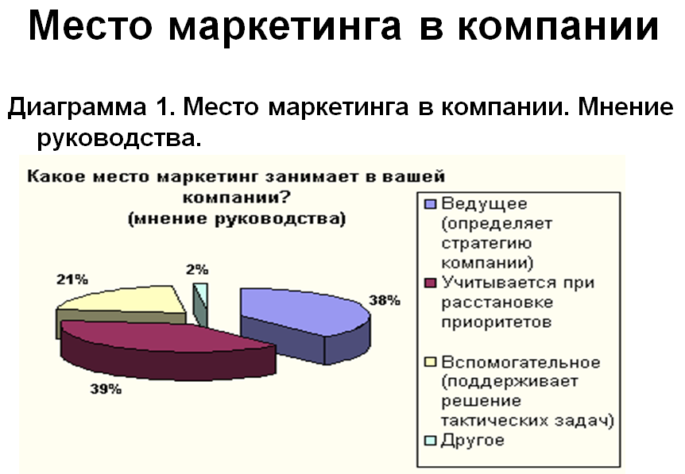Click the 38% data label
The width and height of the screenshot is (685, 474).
click(x=385, y=300)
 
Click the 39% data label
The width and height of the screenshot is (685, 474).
click(x=106, y=389)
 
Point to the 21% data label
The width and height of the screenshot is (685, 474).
click(x=72, y=279)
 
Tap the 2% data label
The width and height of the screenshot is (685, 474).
click(x=197, y=270)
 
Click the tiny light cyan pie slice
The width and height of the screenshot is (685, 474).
click(x=201, y=303)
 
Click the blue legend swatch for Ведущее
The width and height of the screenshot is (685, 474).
click(x=431, y=204)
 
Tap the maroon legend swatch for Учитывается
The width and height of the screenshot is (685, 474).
click(x=431, y=283)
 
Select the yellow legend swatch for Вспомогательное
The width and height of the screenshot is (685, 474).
click(x=431, y=362)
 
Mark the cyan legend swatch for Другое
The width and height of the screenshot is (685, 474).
click(x=431, y=441)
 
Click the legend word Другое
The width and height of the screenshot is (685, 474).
click(x=473, y=441)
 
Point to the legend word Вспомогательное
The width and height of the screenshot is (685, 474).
click(x=521, y=362)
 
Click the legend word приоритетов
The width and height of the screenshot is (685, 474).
click(x=497, y=323)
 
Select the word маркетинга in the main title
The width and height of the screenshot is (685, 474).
click(x=284, y=27)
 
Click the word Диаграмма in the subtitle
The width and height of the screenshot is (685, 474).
click(x=77, y=107)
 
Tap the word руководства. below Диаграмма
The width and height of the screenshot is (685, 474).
click(x=119, y=139)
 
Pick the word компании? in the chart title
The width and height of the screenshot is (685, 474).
click(x=236, y=198)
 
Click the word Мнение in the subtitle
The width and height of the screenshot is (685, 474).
click(x=625, y=106)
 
